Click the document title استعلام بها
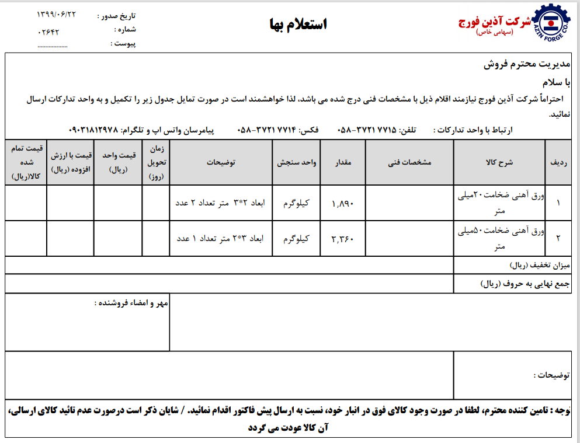(298, 24)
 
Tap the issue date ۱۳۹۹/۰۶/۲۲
(57, 14)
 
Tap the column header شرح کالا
(499, 163)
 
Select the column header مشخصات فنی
(409, 163)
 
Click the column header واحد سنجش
(296, 163)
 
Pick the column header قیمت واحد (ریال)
(119, 163)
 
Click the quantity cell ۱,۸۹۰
(343, 204)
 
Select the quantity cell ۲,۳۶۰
(343, 239)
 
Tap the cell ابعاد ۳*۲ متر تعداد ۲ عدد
(220, 204)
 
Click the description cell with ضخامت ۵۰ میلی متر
(499, 239)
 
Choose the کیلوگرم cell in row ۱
(296, 204)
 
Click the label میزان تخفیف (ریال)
(537, 266)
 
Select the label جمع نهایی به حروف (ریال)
(522, 284)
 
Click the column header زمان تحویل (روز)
(155, 163)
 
